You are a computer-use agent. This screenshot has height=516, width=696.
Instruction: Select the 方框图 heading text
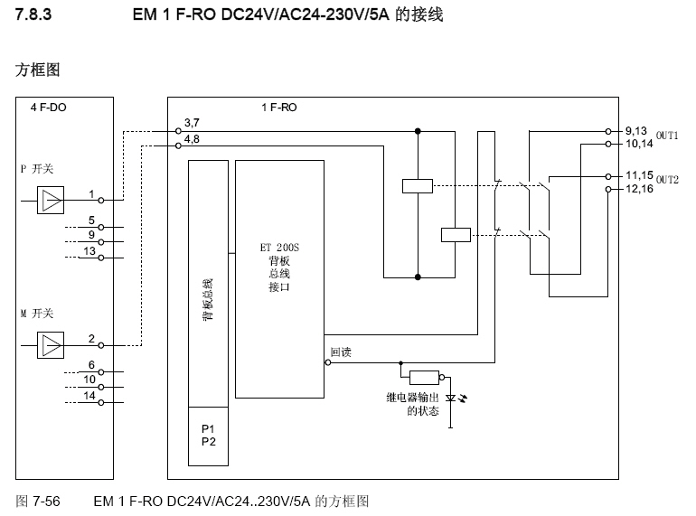[x=38, y=70]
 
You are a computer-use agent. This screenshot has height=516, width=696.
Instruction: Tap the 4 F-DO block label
[x=48, y=107]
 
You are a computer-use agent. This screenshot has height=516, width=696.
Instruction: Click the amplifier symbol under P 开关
[x=51, y=200]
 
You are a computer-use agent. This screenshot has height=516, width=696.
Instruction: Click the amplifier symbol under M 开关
[x=51, y=344]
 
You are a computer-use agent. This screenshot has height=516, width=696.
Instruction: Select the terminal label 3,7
[x=192, y=122]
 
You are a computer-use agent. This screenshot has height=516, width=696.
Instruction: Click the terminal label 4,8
[x=192, y=139]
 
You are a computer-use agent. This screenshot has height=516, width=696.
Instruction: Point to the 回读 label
[x=340, y=352]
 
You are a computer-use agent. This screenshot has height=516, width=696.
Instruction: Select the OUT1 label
[x=667, y=136]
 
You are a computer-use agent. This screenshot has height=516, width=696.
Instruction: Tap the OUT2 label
[x=667, y=180]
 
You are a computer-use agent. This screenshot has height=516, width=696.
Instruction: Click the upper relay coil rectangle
[x=417, y=185]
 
